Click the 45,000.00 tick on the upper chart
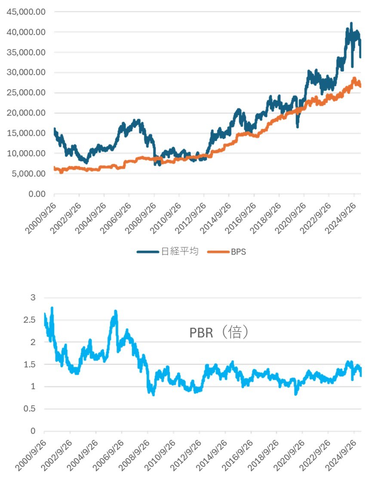26,12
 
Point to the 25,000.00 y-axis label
26,93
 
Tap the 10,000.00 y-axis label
26,154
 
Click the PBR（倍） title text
219,333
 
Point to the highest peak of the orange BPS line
354,78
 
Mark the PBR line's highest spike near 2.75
52,308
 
